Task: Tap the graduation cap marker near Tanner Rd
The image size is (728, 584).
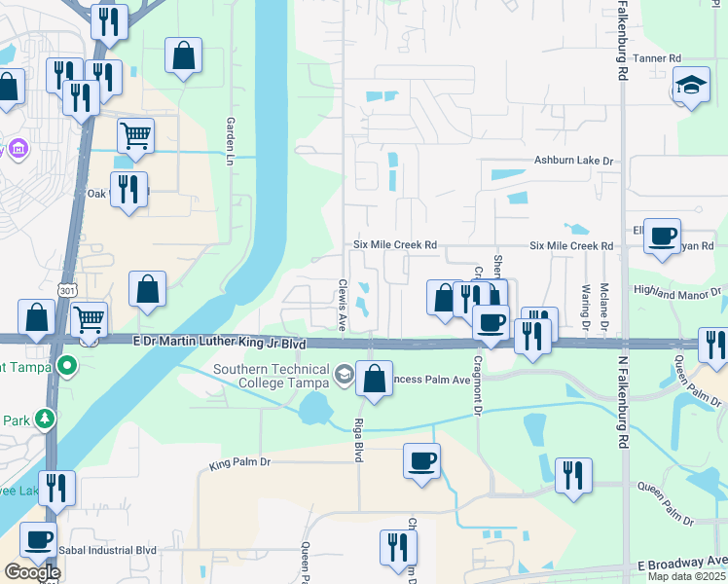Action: [692, 85]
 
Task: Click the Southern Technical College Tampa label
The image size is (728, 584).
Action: [271, 376]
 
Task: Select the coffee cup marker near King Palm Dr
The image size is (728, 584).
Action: [421, 461]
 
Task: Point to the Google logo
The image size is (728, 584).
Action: [32, 572]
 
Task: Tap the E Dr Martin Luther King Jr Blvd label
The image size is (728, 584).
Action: [219, 345]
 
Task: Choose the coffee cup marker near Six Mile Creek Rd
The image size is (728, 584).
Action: [662, 236]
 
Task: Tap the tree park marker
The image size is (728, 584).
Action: [43, 419]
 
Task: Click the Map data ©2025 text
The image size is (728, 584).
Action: [686, 576]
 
